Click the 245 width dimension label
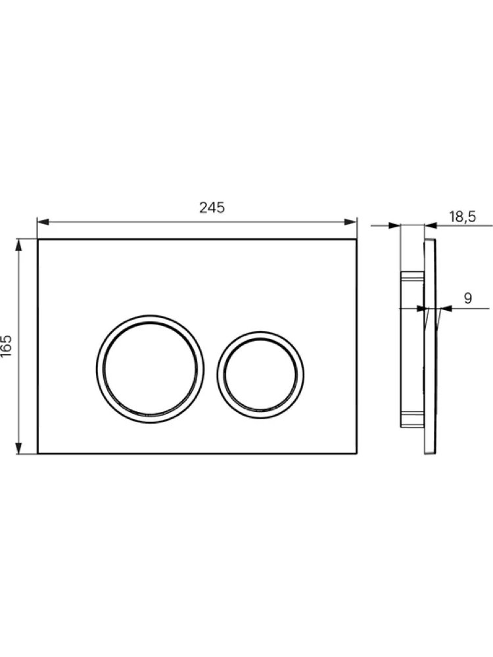212,208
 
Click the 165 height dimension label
7,346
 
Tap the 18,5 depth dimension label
462,217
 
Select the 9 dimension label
467,298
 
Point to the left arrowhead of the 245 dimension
43,222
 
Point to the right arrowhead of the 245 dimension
350,222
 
